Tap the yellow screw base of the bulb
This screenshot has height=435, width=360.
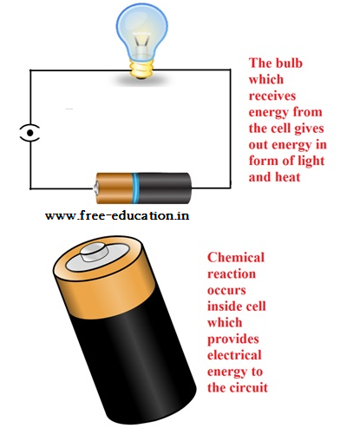[141, 69]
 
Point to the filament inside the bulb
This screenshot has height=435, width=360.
[141, 41]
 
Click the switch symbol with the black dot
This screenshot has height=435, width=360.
[29, 133]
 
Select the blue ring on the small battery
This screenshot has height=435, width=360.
[135, 188]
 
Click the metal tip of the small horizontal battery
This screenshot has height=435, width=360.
[95, 188]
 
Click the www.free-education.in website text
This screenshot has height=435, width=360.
[117, 215]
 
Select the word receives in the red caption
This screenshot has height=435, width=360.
[272, 96]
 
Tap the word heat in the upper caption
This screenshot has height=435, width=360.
[287, 177]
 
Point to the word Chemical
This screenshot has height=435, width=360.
[236, 257]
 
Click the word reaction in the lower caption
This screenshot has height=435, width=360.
[232, 274]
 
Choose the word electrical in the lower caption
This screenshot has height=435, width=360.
[234, 355]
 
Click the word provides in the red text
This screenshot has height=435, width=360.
[233, 339]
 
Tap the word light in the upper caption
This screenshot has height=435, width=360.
[311, 161]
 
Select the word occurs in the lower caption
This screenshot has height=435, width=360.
[226, 290]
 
